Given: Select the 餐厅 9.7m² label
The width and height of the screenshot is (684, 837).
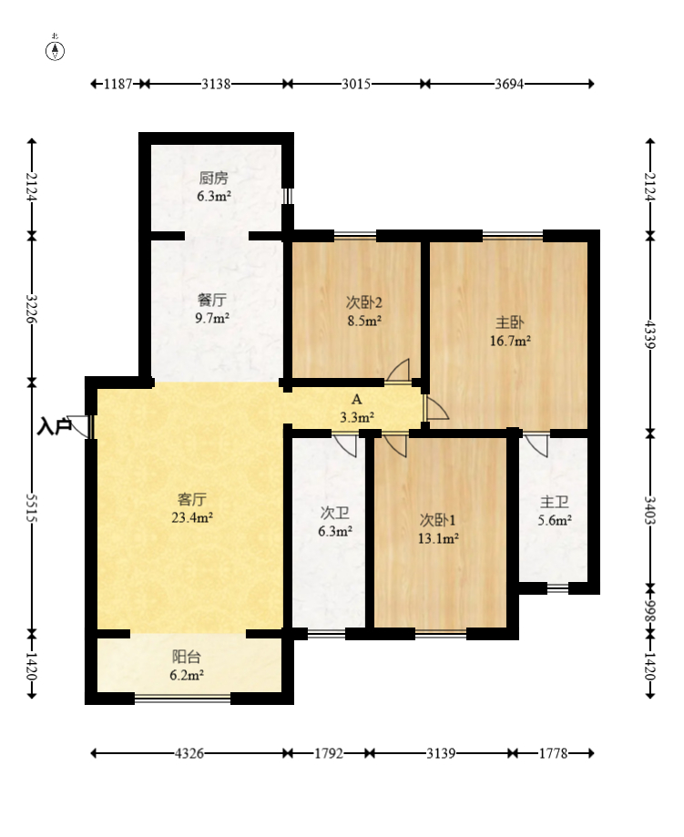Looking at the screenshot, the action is click(x=212, y=309).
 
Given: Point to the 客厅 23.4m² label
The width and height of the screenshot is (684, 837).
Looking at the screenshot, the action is click(x=192, y=508).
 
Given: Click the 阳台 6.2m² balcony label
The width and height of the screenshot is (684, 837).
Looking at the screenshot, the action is click(x=187, y=666).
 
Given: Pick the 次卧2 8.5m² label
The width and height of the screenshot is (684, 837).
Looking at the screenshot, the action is click(x=363, y=311).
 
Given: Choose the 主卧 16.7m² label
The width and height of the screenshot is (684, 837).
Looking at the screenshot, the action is click(x=510, y=331).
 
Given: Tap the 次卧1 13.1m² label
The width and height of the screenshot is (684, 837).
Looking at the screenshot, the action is click(x=438, y=528).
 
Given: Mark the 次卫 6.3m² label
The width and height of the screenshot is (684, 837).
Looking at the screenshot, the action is click(x=335, y=522).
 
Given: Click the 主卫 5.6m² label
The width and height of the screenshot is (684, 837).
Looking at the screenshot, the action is click(x=555, y=510).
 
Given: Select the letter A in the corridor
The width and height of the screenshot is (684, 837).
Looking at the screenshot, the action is click(x=357, y=399).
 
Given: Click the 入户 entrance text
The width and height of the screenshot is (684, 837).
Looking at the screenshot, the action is click(x=54, y=426).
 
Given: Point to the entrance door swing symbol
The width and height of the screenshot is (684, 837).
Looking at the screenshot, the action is click(x=79, y=426).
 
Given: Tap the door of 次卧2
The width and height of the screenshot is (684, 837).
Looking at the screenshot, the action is click(x=398, y=371).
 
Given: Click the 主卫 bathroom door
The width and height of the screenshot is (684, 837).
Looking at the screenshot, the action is click(x=536, y=446).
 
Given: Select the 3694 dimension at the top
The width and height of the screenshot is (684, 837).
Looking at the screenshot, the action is click(x=509, y=84).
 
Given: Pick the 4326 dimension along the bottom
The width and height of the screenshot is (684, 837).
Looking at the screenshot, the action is click(x=189, y=753).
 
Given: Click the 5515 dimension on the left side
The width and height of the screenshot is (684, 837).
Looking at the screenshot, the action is click(x=32, y=507).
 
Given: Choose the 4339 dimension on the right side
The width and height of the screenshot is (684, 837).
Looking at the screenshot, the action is click(x=649, y=334).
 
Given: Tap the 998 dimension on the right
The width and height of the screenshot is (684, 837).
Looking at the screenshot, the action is click(x=649, y=610).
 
